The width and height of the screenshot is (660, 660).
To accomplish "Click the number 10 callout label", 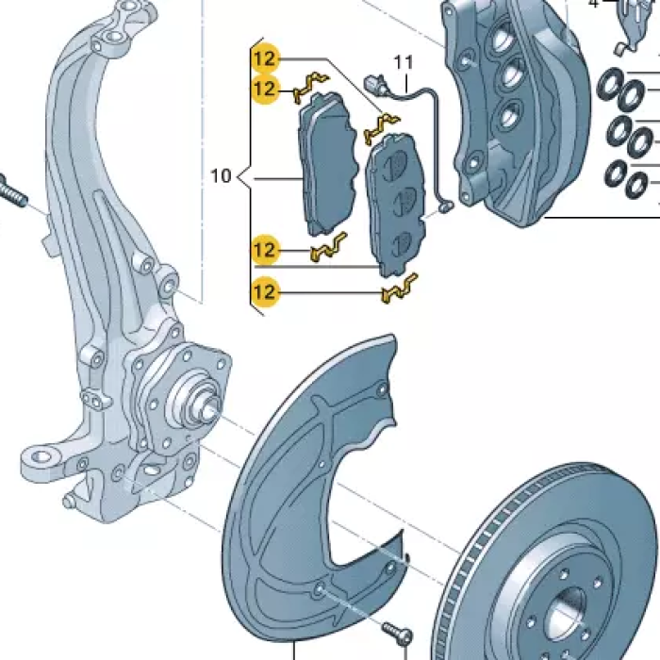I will [x=221, y=175].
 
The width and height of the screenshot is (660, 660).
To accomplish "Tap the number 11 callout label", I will [x=404, y=62].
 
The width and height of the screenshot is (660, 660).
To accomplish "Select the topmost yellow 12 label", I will [x=264, y=58].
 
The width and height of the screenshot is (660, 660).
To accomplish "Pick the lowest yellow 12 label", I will [x=264, y=292].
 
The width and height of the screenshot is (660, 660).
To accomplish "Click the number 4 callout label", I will [x=593, y=4].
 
